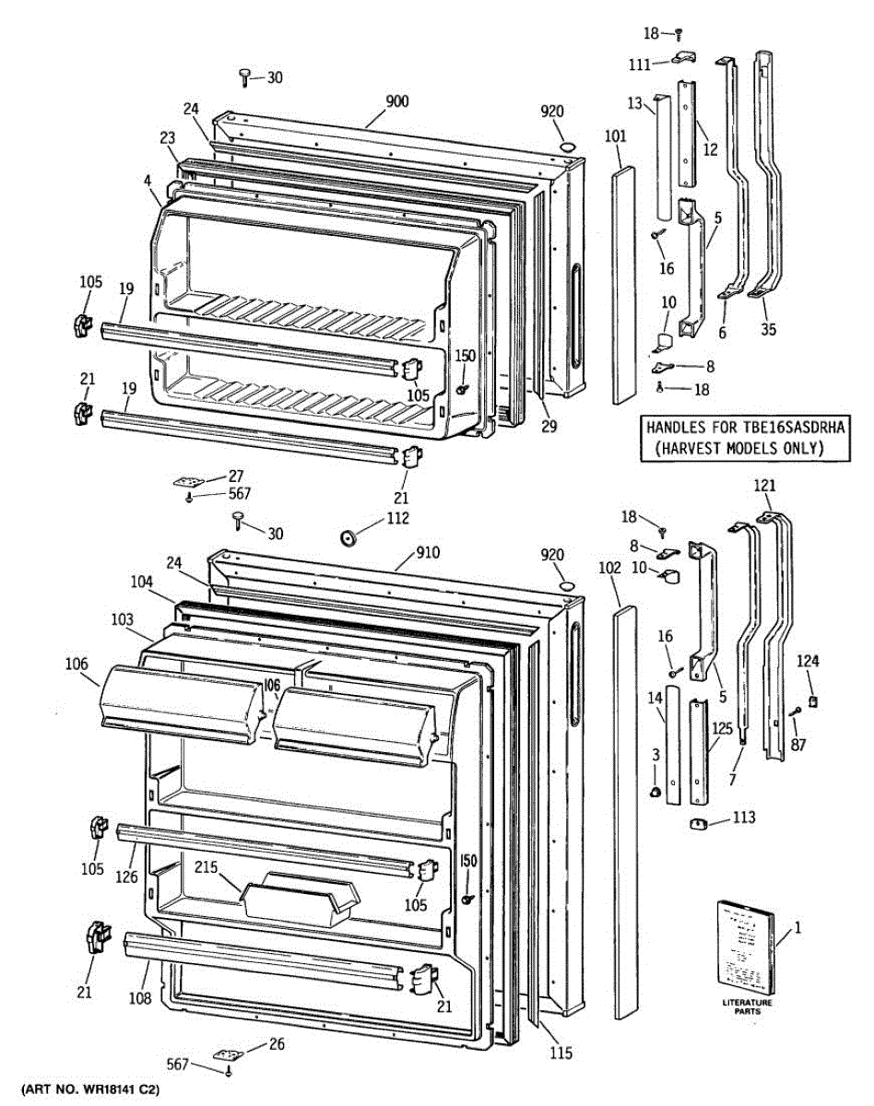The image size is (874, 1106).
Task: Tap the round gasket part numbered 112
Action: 348,537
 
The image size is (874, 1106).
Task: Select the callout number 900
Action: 397,101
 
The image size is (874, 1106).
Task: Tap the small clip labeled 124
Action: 812,701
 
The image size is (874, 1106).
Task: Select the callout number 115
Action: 560,1053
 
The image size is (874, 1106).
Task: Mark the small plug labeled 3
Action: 655,792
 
